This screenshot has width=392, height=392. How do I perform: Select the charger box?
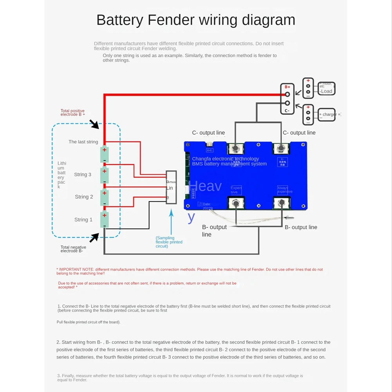point(327,114)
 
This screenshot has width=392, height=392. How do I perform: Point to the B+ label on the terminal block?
point(287,87)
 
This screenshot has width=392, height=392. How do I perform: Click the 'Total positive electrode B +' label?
point(73,113)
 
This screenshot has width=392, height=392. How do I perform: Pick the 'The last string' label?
point(83,142)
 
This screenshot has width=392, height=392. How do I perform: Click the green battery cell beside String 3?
point(104,175)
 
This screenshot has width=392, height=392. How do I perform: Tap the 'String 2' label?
point(84,197)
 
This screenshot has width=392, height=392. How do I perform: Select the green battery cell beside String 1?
point(104,220)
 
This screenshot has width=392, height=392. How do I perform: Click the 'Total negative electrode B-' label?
point(73,249)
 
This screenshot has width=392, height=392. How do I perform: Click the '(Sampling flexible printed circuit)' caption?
point(169,242)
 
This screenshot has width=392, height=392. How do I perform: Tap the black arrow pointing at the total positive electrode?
point(94,125)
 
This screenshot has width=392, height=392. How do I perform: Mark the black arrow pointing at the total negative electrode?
point(94,237)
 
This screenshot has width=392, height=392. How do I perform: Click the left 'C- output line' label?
point(208,133)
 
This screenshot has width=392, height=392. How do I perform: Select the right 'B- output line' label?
point(301,227)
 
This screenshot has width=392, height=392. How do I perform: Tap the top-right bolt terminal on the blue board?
point(281,148)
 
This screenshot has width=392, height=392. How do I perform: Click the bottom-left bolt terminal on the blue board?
point(236,203)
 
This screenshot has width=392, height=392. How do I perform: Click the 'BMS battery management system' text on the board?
point(229,164)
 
